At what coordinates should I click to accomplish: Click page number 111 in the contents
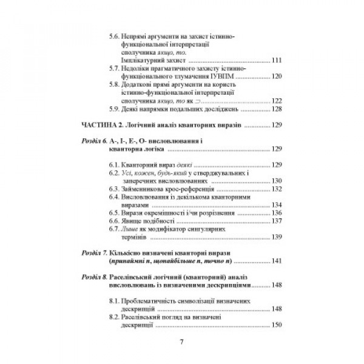(x=278, y=61)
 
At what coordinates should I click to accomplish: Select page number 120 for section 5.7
(x=278, y=78)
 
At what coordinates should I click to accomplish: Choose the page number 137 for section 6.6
(x=278, y=221)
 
